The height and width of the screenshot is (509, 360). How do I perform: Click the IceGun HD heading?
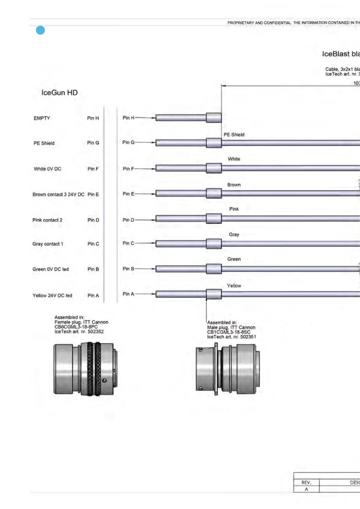pyautogui.click(x=60, y=92)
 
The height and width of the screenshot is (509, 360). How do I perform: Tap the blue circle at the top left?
pyautogui.click(x=40, y=30)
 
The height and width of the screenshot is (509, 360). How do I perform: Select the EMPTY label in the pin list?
pyautogui.click(x=42, y=118)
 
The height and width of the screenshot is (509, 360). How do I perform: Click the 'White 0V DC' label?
pyautogui.click(x=47, y=169)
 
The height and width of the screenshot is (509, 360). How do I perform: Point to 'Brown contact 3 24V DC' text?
pyautogui.click(x=58, y=194)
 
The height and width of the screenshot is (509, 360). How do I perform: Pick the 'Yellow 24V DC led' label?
pyautogui.click(x=52, y=296)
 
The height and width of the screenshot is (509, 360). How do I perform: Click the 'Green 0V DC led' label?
pyautogui.click(x=50, y=269)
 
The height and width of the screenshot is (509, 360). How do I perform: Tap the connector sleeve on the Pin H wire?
pyautogui.click(x=214, y=118)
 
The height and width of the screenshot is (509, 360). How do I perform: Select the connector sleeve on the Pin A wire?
pyautogui.click(x=214, y=294)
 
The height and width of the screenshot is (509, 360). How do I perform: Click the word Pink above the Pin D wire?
pyautogui.click(x=234, y=209)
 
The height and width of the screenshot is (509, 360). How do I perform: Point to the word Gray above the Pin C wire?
pyautogui.click(x=234, y=235)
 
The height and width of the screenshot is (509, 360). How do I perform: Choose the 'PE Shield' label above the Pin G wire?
pyautogui.click(x=234, y=135)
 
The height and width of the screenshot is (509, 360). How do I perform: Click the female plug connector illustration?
pyautogui.click(x=85, y=369)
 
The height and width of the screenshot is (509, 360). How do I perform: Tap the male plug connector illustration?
pyautogui.click(x=228, y=369)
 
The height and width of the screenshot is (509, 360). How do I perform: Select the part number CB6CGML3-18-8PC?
pyautogui.click(x=76, y=327)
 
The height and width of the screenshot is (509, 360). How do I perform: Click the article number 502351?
pyautogui.click(x=248, y=337)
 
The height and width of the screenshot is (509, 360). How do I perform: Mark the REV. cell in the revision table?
pyautogui.click(x=306, y=482)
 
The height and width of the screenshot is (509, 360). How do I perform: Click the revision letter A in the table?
pyautogui.click(x=306, y=489)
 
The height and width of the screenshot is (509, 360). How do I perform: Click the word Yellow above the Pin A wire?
pyautogui.click(x=234, y=286)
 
